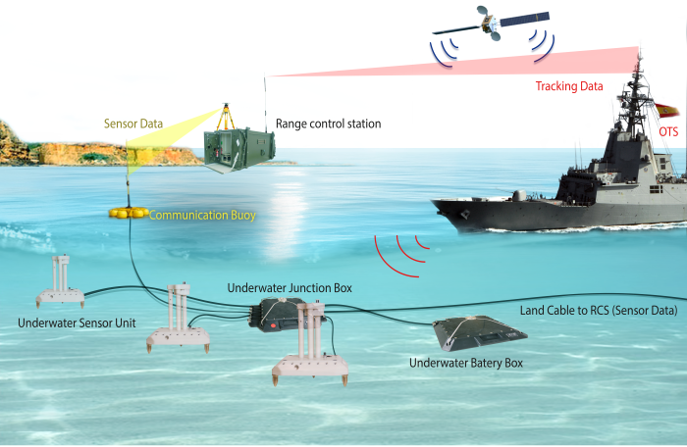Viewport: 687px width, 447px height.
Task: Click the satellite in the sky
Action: [491, 24]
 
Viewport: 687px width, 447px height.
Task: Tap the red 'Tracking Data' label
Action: [569, 86]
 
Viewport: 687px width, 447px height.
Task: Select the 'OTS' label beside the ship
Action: [668, 131]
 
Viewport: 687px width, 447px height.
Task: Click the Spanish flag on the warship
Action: [666, 111]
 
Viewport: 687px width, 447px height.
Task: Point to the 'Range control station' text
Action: [328, 124]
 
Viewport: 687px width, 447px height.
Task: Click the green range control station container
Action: [239, 150]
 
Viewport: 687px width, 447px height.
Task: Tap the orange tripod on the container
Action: [226, 117]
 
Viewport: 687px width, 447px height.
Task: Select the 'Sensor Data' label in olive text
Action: [133, 124]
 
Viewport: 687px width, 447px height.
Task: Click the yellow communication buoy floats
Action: [129, 213]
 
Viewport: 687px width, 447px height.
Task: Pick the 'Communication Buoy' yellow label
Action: [202, 216]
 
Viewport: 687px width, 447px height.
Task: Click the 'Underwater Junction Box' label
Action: [290, 288]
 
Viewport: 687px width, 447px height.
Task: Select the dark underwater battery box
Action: [480, 333]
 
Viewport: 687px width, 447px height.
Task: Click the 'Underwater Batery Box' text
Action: [466, 363]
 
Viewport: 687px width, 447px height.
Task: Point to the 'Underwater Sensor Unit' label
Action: [77, 323]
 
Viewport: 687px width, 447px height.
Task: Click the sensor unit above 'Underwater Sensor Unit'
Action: [61, 281]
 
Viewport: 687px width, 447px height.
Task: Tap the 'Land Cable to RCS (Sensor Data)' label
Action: [599, 311]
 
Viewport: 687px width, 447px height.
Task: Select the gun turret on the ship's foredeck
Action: [519, 195]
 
